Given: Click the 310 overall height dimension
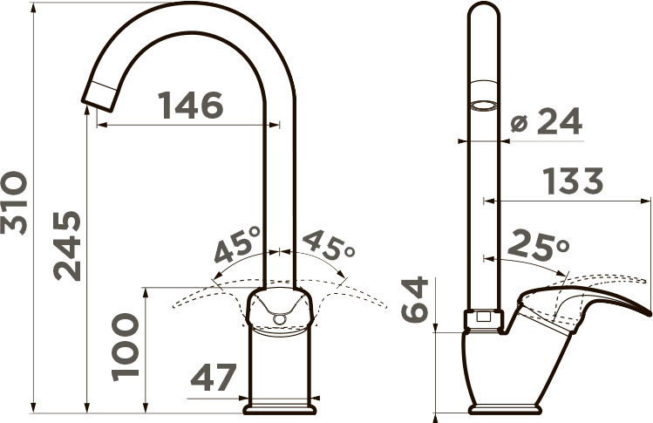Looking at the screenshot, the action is point(14,202).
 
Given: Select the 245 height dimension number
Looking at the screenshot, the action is point(67,246).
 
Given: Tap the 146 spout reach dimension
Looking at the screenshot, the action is point(191,105).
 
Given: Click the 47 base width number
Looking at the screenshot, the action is point(214,377).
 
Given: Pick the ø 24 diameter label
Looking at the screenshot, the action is point(546,121).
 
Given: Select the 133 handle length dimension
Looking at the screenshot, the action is point(574,181).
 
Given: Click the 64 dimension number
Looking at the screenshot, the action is point(415,299).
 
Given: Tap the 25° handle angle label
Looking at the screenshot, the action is point(539,243).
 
